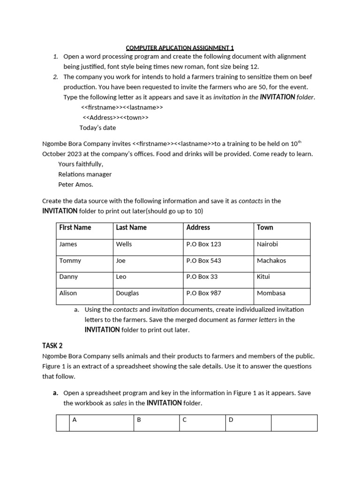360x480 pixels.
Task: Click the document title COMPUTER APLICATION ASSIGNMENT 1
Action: point(180,47)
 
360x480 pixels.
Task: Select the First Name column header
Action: point(75,227)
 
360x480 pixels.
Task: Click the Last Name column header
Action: point(131,227)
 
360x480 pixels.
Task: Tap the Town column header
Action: point(265,227)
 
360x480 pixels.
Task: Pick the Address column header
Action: point(198,227)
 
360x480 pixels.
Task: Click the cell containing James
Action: point(68,244)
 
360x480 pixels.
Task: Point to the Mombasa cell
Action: point(271,293)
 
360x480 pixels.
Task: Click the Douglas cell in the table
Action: point(127,293)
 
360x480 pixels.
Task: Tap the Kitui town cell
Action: point(263,277)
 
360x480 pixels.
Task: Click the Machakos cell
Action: point(271,261)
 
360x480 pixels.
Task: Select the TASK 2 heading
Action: point(52,346)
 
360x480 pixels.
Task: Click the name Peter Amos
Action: point(76,184)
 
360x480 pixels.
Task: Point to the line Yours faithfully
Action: point(81,164)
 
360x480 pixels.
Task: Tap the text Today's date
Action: point(97,127)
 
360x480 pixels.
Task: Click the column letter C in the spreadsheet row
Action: point(185,420)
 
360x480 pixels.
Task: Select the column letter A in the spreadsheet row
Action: point(75,420)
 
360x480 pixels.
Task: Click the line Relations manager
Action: point(85,174)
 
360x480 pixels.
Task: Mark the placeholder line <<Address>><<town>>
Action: point(115,118)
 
